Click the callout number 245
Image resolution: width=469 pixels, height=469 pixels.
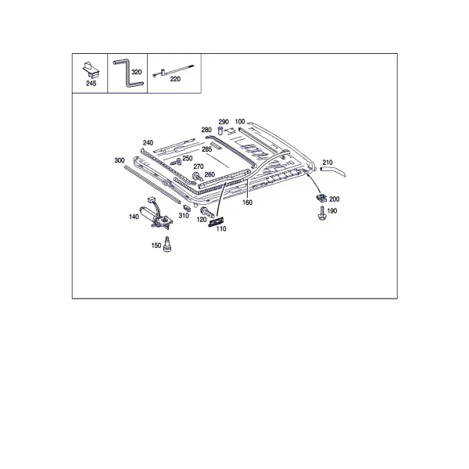click(x=91, y=84)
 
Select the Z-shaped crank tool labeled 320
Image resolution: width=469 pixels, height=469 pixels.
click(x=129, y=74)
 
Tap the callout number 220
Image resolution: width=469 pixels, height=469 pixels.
click(x=175, y=79)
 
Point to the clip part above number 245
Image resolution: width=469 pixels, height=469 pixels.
click(x=91, y=69)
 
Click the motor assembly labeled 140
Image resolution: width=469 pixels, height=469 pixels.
click(x=156, y=213)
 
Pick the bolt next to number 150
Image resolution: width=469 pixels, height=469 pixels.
click(x=167, y=244)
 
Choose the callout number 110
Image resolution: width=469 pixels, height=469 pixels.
click(x=221, y=229)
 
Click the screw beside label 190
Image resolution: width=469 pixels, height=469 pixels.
click(x=322, y=213)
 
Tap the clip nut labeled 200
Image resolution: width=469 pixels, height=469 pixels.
click(x=321, y=198)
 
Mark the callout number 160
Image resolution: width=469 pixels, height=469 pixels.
click(x=247, y=202)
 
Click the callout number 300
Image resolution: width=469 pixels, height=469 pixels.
click(x=120, y=160)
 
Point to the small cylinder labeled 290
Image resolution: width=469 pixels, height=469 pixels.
click(x=220, y=131)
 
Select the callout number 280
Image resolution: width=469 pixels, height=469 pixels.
click(x=206, y=130)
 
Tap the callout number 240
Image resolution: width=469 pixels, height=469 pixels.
click(x=148, y=143)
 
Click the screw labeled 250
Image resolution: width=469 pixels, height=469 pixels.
click(x=176, y=162)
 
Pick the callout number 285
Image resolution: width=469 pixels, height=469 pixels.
click(x=206, y=149)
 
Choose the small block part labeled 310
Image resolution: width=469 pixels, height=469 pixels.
click(x=187, y=208)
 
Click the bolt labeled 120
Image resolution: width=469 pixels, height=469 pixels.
click(x=207, y=212)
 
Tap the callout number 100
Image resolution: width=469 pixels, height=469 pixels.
click(x=240, y=121)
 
